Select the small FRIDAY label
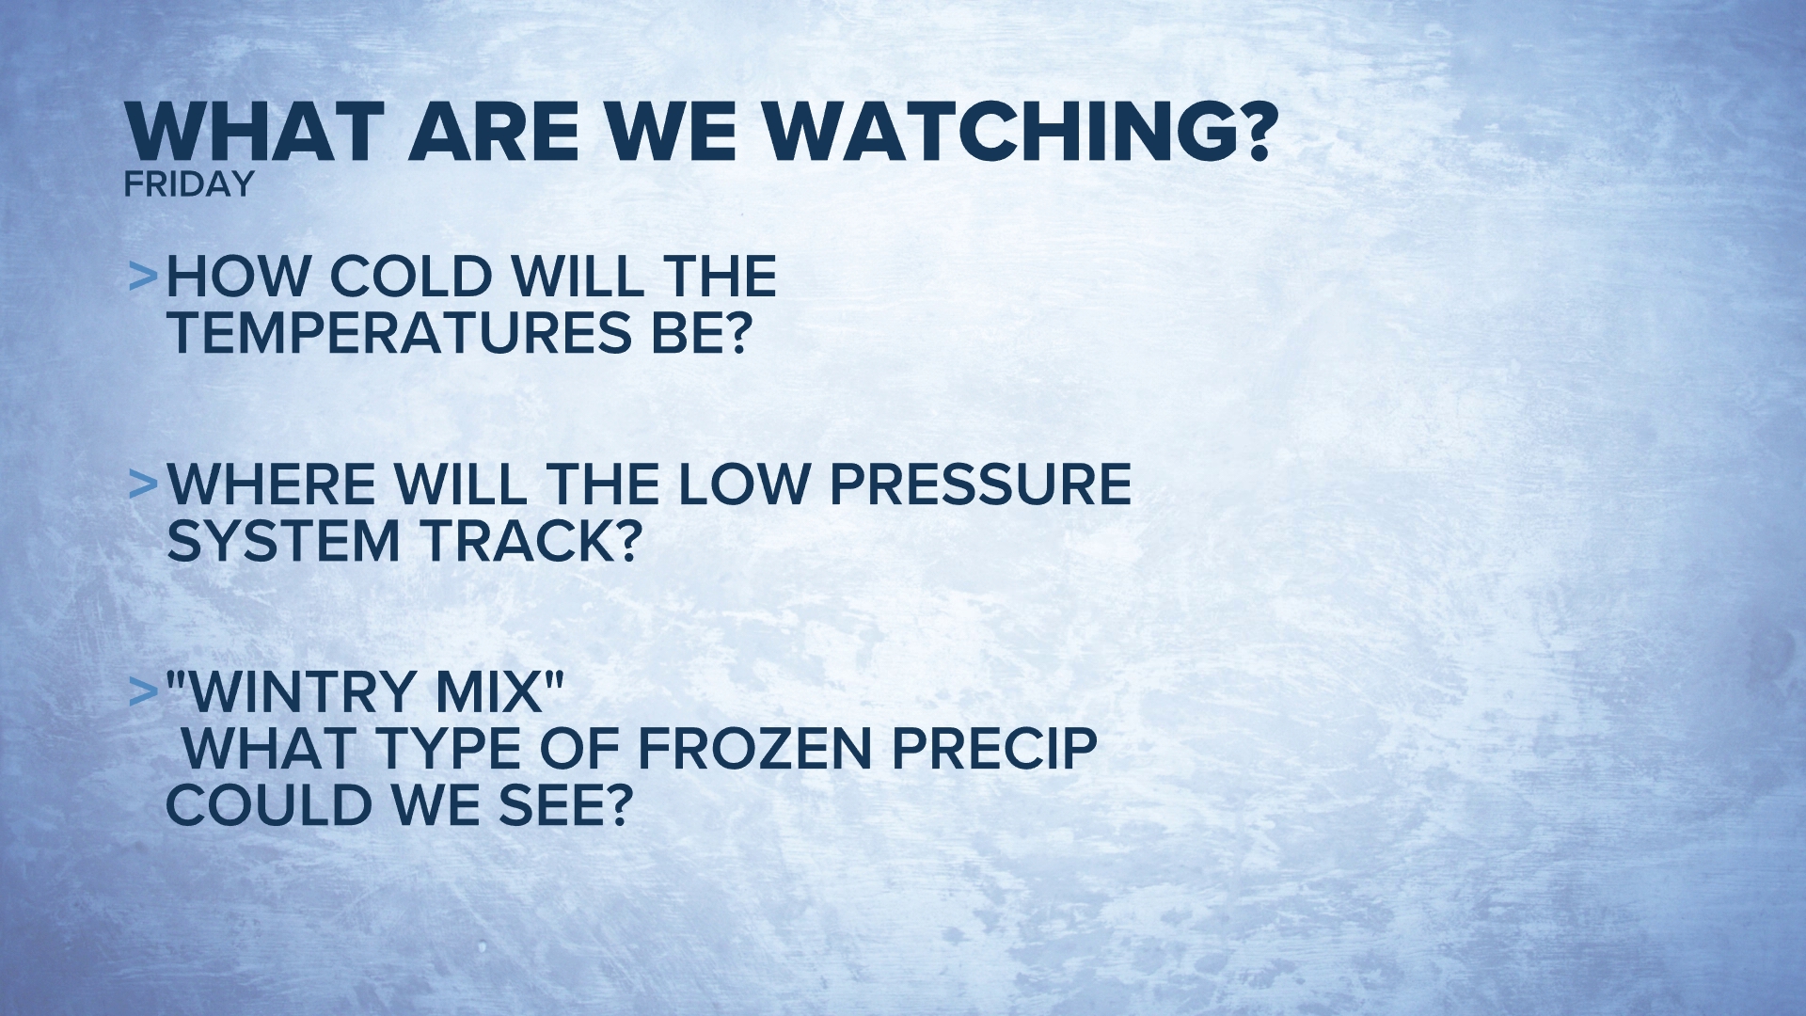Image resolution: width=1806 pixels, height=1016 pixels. [x=189, y=184]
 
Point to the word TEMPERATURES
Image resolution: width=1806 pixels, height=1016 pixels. [x=399, y=333]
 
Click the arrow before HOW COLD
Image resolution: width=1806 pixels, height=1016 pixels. [x=143, y=276]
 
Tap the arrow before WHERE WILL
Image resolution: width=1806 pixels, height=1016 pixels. [x=143, y=484]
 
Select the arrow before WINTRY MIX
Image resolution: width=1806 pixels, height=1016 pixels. [x=143, y=691]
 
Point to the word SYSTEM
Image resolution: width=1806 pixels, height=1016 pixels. [x=284, y=542]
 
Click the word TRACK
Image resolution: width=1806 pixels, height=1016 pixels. [x=529, y=542]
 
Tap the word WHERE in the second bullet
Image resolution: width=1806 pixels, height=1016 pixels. [x=273, y=484]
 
